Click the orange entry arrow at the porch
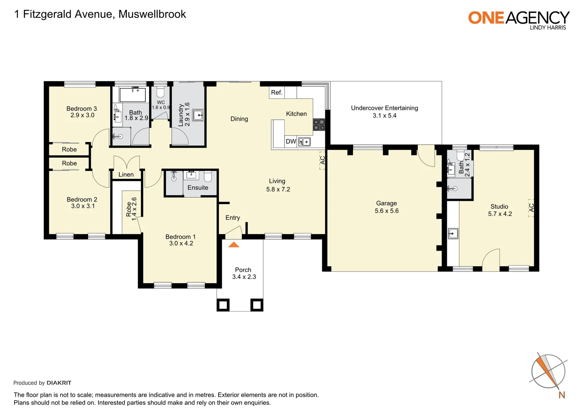[x=234, y=245]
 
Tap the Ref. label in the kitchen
[x=277, y=92]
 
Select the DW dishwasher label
[x=291, y=142]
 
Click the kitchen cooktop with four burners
[x=319, y=125]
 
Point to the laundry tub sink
[x=198, y=115]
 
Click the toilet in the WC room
[x=161, y=92]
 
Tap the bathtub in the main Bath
[x=132, y=95]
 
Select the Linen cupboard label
[x=126, y=175]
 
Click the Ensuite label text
[x=198, y=188]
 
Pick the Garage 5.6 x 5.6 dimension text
[x=387, y=211]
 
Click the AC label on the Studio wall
[x=531, y=208]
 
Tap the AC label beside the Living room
[x=322, y=160]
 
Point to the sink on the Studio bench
[x=453, y=233]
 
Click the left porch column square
[x=223, y=305]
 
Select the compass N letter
[x=561, y=395]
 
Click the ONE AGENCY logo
[x=519, y=19]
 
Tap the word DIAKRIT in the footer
[x=59, y=383]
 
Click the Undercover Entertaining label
[x=384, y=108]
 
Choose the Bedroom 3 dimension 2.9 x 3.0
[x=82, y=115]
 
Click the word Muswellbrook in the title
[x=152, y=14]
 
